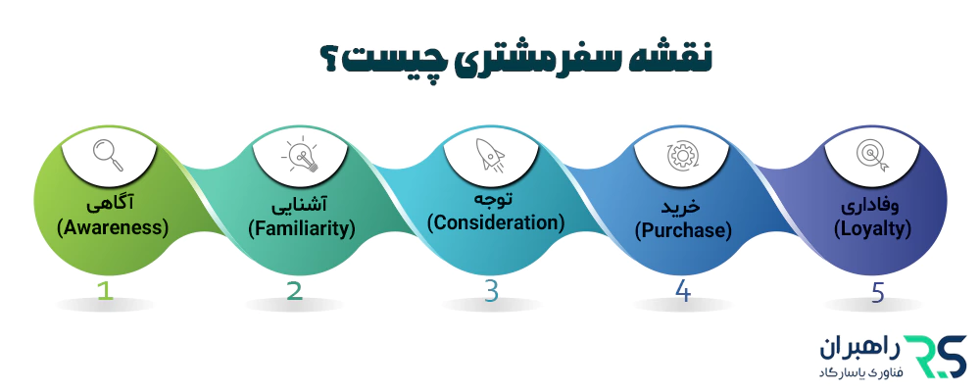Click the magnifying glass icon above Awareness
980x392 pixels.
(107, 152)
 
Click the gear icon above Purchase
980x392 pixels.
(680, 154)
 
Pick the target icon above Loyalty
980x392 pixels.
(871, 154)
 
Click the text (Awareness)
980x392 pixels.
(113, 227)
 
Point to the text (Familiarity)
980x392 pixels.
(300, 229)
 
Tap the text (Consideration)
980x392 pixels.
(496, 222)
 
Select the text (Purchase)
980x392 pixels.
(684, 231)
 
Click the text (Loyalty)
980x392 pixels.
(872, 229)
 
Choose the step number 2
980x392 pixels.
(295, 290)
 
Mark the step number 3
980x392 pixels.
(490, 290)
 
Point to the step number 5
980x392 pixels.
(875, 290)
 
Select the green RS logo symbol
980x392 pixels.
(935, 354)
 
